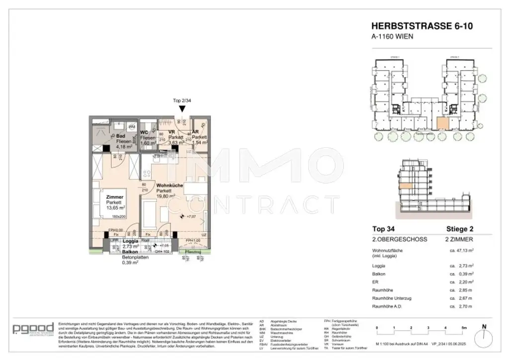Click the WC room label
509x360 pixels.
[x=144, y=132]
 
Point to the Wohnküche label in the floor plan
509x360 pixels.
[x=169, y=185]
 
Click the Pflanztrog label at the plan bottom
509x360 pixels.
[x=191, y=252]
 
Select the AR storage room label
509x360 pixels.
[x=195, y=132]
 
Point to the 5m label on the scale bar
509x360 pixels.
[x=464, y=328]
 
